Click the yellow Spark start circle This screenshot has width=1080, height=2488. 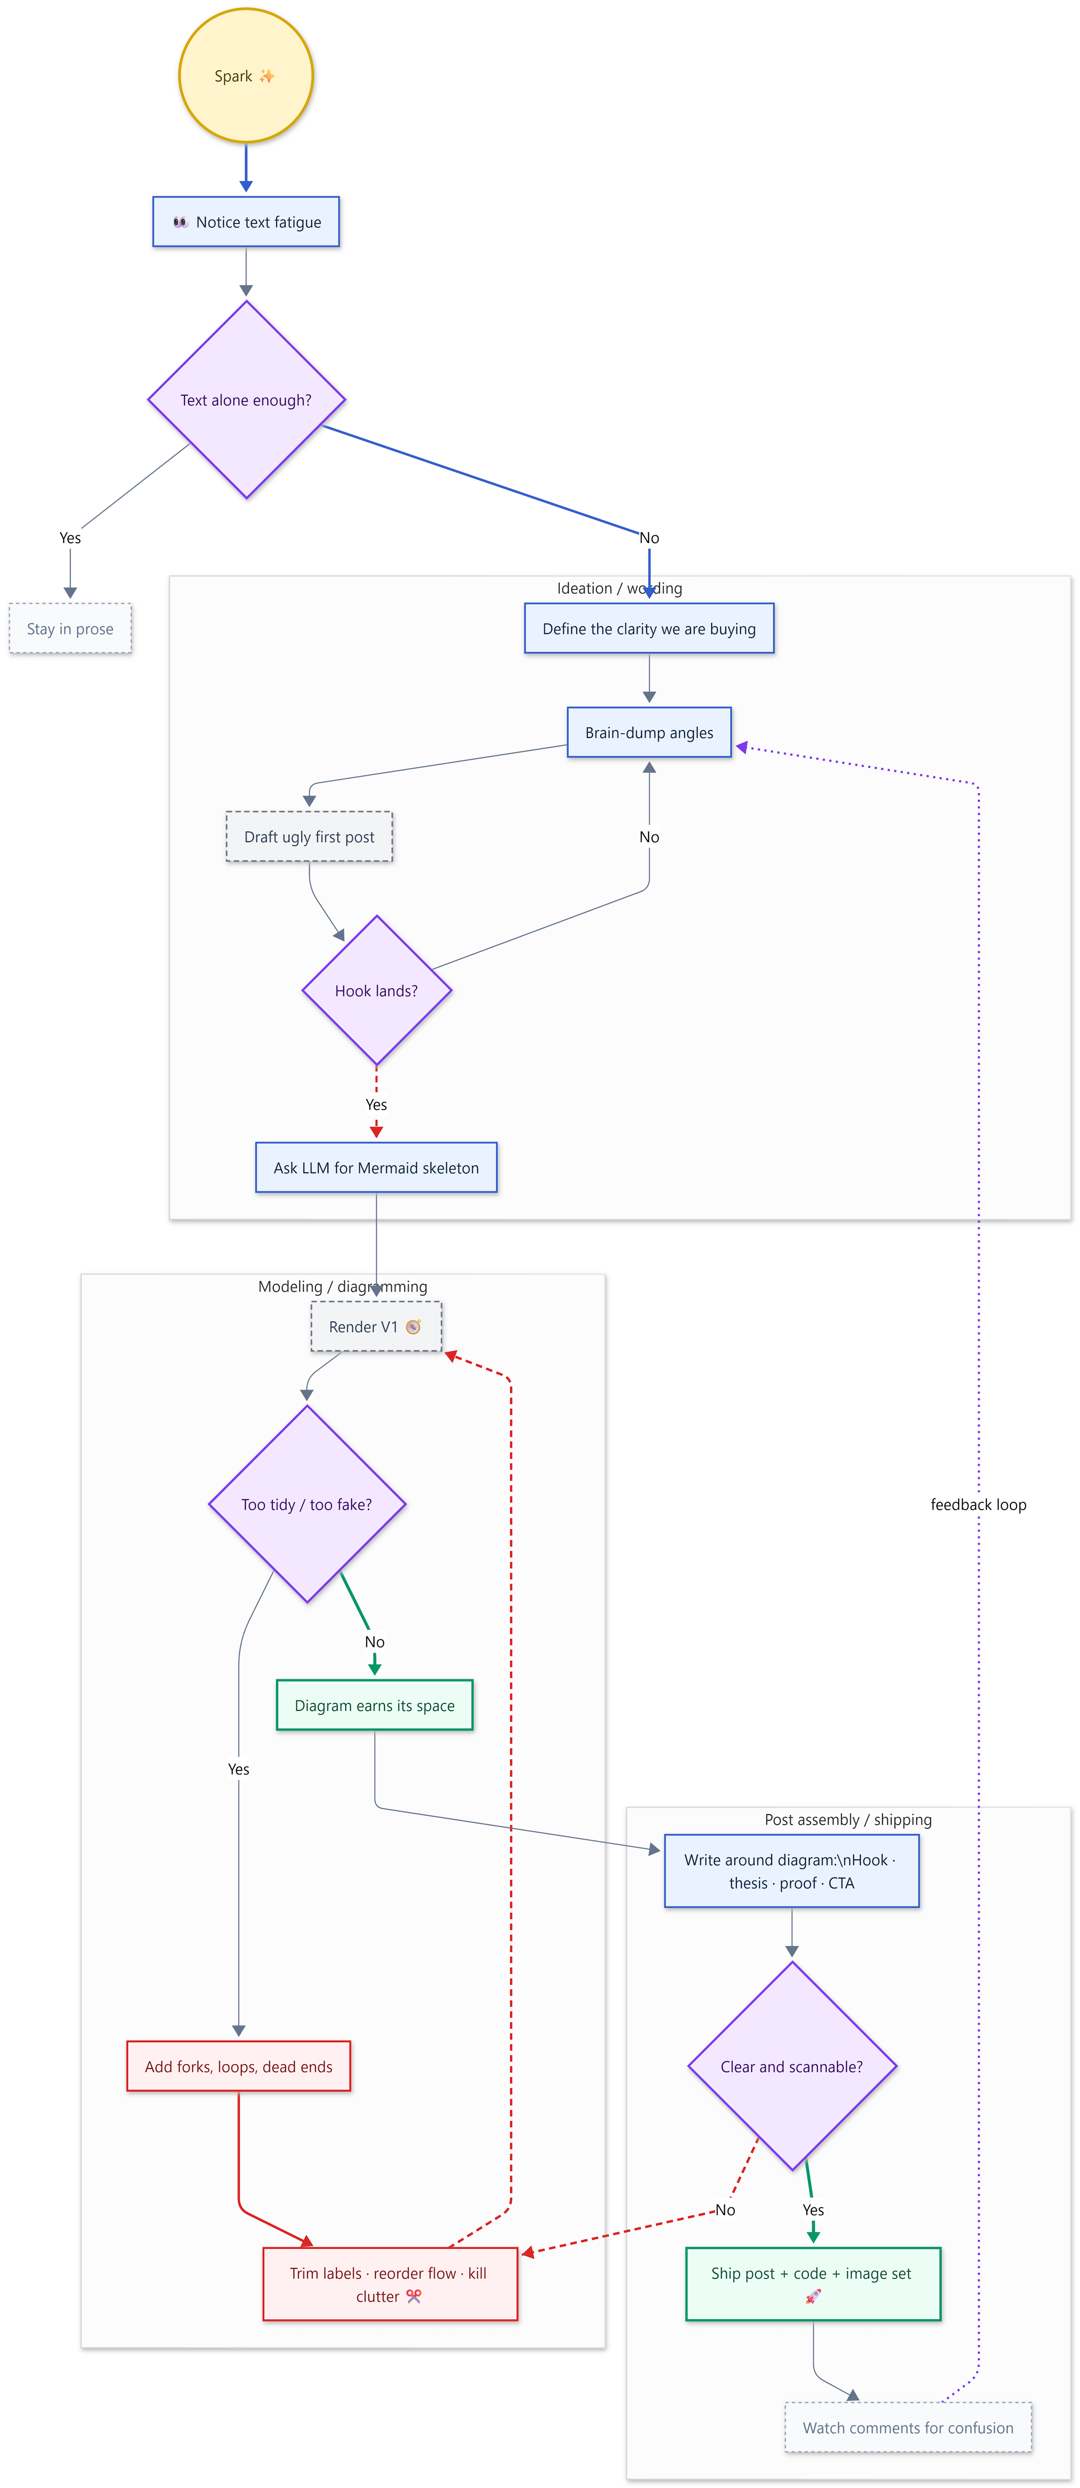point(246,76)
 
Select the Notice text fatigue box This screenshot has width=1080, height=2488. point(246,222)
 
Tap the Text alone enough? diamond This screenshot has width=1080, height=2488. point(246,400)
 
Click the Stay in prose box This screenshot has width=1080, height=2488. point(70,629)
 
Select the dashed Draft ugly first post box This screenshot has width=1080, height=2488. point(309,836)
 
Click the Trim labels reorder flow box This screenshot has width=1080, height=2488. point(389,2284)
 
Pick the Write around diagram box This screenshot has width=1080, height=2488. point(791,1871)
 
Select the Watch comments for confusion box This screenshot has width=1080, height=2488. point(908,2427)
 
